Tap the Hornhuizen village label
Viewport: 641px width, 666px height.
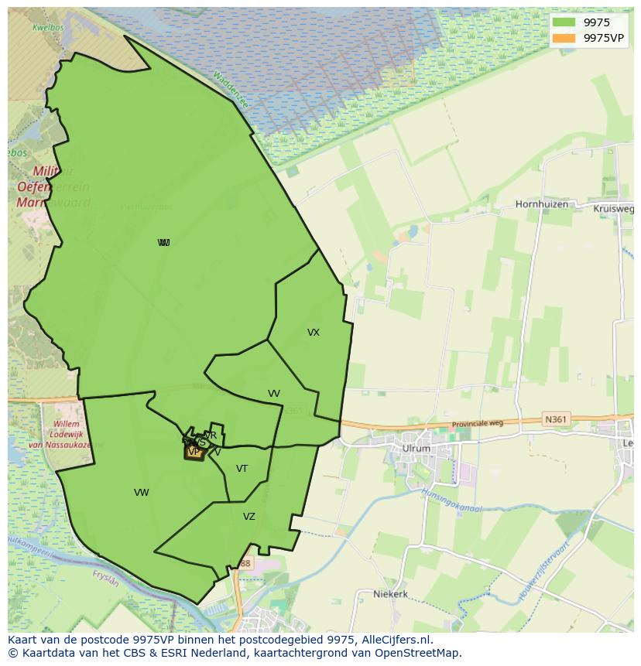(541, 205)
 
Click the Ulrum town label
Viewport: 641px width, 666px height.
(416, 448)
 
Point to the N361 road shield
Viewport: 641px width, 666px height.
(555, 419)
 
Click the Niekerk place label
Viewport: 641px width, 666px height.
(390, 594)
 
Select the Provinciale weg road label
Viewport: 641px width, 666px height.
(478, 424)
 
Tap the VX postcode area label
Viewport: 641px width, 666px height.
(314, 333)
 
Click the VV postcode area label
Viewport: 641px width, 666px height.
(274, 394)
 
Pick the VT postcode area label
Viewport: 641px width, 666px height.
(242, 469)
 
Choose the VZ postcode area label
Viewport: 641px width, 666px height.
(249, 517)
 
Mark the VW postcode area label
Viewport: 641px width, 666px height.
(141, 493)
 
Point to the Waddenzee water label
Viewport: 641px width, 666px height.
(231, 91)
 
